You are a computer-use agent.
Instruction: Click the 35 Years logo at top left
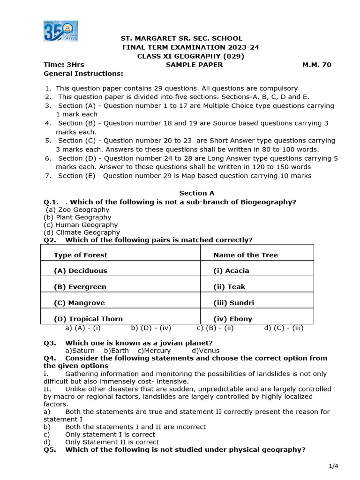(61, 31)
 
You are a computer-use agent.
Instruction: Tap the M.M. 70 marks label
(316, 65)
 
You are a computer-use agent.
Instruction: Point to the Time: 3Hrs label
(64, 65)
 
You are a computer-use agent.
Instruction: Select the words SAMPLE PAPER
(194, 65)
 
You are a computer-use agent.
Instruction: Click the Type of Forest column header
(80, 255)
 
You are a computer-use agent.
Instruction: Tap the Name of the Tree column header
(245, 255)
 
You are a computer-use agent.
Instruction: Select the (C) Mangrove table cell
(79, 303)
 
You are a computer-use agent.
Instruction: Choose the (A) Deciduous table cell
(80, 270)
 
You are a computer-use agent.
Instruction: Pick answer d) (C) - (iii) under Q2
(284, 328)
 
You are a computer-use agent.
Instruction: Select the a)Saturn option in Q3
(80, 351)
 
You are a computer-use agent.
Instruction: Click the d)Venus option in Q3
(206, 351)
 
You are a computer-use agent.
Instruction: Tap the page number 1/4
(333, 465)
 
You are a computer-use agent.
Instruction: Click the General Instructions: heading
(83, 74)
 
